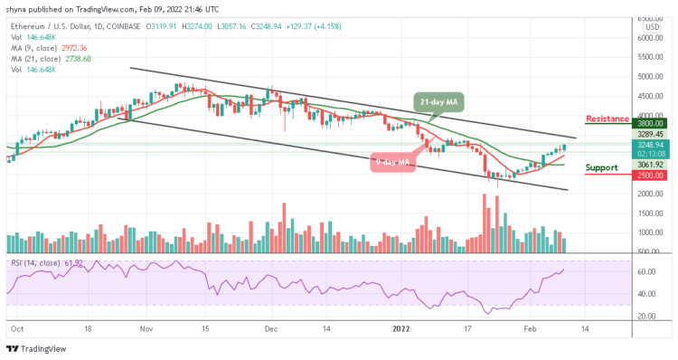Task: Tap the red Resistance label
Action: (607, 118)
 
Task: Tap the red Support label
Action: (603, 168)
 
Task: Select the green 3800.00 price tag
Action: (651, 123)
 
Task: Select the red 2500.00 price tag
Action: (651, 175)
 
